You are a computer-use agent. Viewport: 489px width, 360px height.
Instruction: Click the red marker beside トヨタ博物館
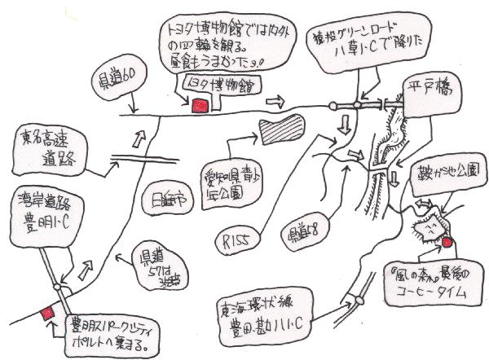click(198, 104)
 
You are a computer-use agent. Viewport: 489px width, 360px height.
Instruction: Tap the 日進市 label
click(167, 200)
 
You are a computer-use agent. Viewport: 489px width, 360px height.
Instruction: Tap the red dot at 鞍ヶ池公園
click(447, 241)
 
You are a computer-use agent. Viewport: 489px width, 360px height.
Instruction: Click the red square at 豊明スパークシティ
click(48, 312)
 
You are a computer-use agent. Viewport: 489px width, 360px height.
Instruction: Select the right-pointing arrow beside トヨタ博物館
click(275, 101)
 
